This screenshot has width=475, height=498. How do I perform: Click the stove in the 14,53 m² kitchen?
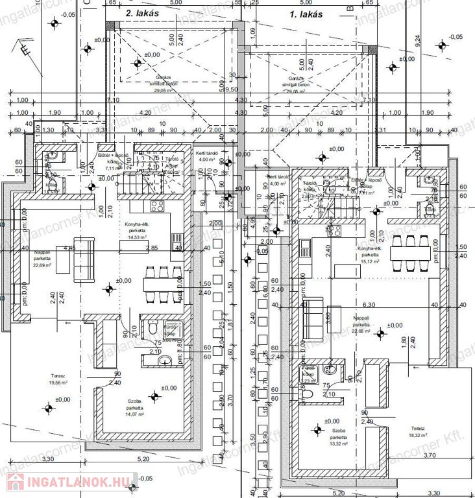point(158,206)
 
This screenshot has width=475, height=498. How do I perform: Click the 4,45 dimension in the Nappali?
point(70,248)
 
